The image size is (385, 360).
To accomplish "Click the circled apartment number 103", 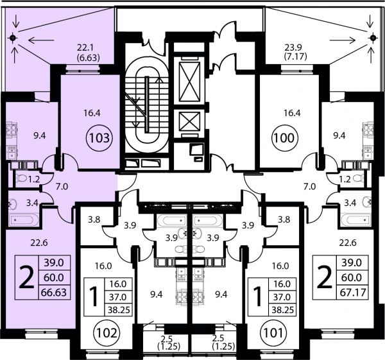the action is tap(99, 138).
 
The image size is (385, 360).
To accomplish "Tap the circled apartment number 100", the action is tap(284, 138).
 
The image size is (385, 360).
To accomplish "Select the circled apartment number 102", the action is tap(107, 333).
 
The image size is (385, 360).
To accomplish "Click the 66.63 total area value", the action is tap(54, 292).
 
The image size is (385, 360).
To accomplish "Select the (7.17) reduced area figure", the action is tap(296, 56).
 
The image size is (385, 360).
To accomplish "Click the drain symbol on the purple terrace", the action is tap(13, 38).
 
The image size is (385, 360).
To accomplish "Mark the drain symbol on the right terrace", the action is tap(373, 38).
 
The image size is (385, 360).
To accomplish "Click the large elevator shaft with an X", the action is tap(189, 81).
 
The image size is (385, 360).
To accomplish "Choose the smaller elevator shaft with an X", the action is tap(189, 121).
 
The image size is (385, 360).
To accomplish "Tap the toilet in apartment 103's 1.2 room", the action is tap(21, 179).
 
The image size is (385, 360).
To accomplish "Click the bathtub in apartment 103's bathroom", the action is tap(24, 219).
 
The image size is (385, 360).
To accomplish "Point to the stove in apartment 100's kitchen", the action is tap(368, 130).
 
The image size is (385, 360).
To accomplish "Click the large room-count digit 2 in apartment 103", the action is tap(26, 277).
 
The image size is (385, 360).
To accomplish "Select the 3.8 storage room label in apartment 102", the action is tap(94, 219).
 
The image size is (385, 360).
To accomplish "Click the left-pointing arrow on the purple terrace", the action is tap(41, 40).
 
